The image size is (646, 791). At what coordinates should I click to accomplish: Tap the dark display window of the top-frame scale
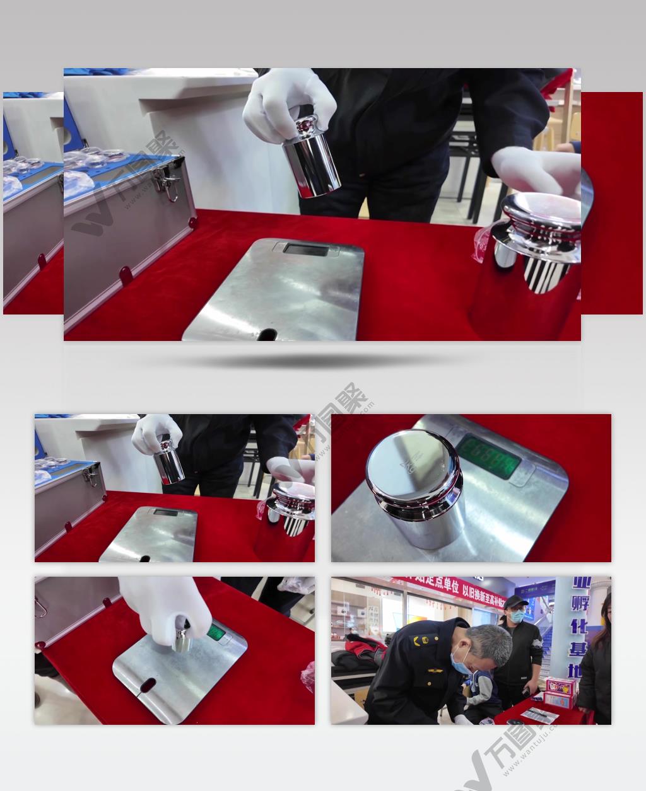[305, 250]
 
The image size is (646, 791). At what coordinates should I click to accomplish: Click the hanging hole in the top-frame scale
[266, 333]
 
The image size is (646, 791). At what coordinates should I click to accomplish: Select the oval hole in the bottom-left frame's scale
[146, 683]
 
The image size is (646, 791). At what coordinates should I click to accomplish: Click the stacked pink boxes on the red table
[561, 692]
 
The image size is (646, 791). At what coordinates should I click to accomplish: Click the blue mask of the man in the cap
[516, 616]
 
